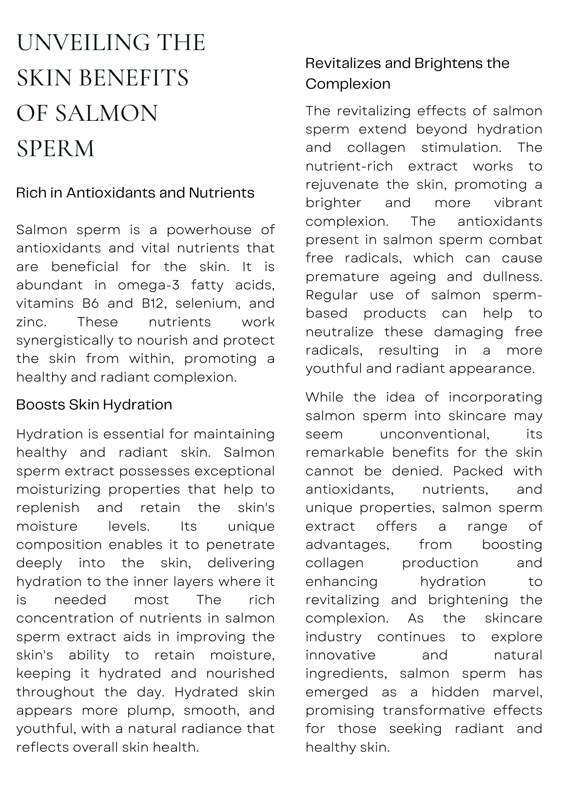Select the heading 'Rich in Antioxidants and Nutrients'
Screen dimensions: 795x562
135,193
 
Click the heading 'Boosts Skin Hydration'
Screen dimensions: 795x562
94,405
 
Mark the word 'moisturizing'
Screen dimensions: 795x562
58,489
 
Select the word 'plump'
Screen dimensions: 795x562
151,710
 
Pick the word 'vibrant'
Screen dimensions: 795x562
518,203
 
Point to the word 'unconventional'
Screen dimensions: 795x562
434,434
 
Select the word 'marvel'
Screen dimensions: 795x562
517,692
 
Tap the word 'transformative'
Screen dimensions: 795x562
434,710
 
